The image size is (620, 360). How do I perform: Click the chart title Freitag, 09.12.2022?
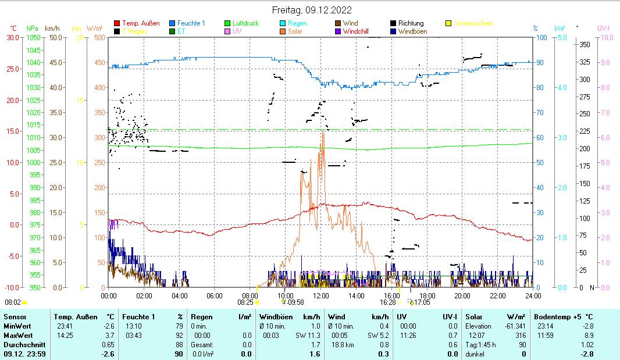312,10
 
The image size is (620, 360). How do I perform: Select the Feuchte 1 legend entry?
191,23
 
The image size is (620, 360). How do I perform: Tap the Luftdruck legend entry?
245,23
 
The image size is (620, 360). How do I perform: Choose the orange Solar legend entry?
295,31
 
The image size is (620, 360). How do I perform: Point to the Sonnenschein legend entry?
473,23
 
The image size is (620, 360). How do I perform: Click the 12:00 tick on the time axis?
320,295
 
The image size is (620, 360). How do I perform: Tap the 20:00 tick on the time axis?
462,295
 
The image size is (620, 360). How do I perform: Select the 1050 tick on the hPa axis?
34,37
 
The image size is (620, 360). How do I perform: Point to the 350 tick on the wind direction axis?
586,44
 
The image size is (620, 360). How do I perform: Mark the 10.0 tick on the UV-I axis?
607,37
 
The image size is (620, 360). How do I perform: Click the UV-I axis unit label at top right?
603,28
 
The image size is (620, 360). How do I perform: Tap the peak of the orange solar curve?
322,131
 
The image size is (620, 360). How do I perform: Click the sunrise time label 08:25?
245,302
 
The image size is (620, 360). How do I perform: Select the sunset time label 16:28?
388,302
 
